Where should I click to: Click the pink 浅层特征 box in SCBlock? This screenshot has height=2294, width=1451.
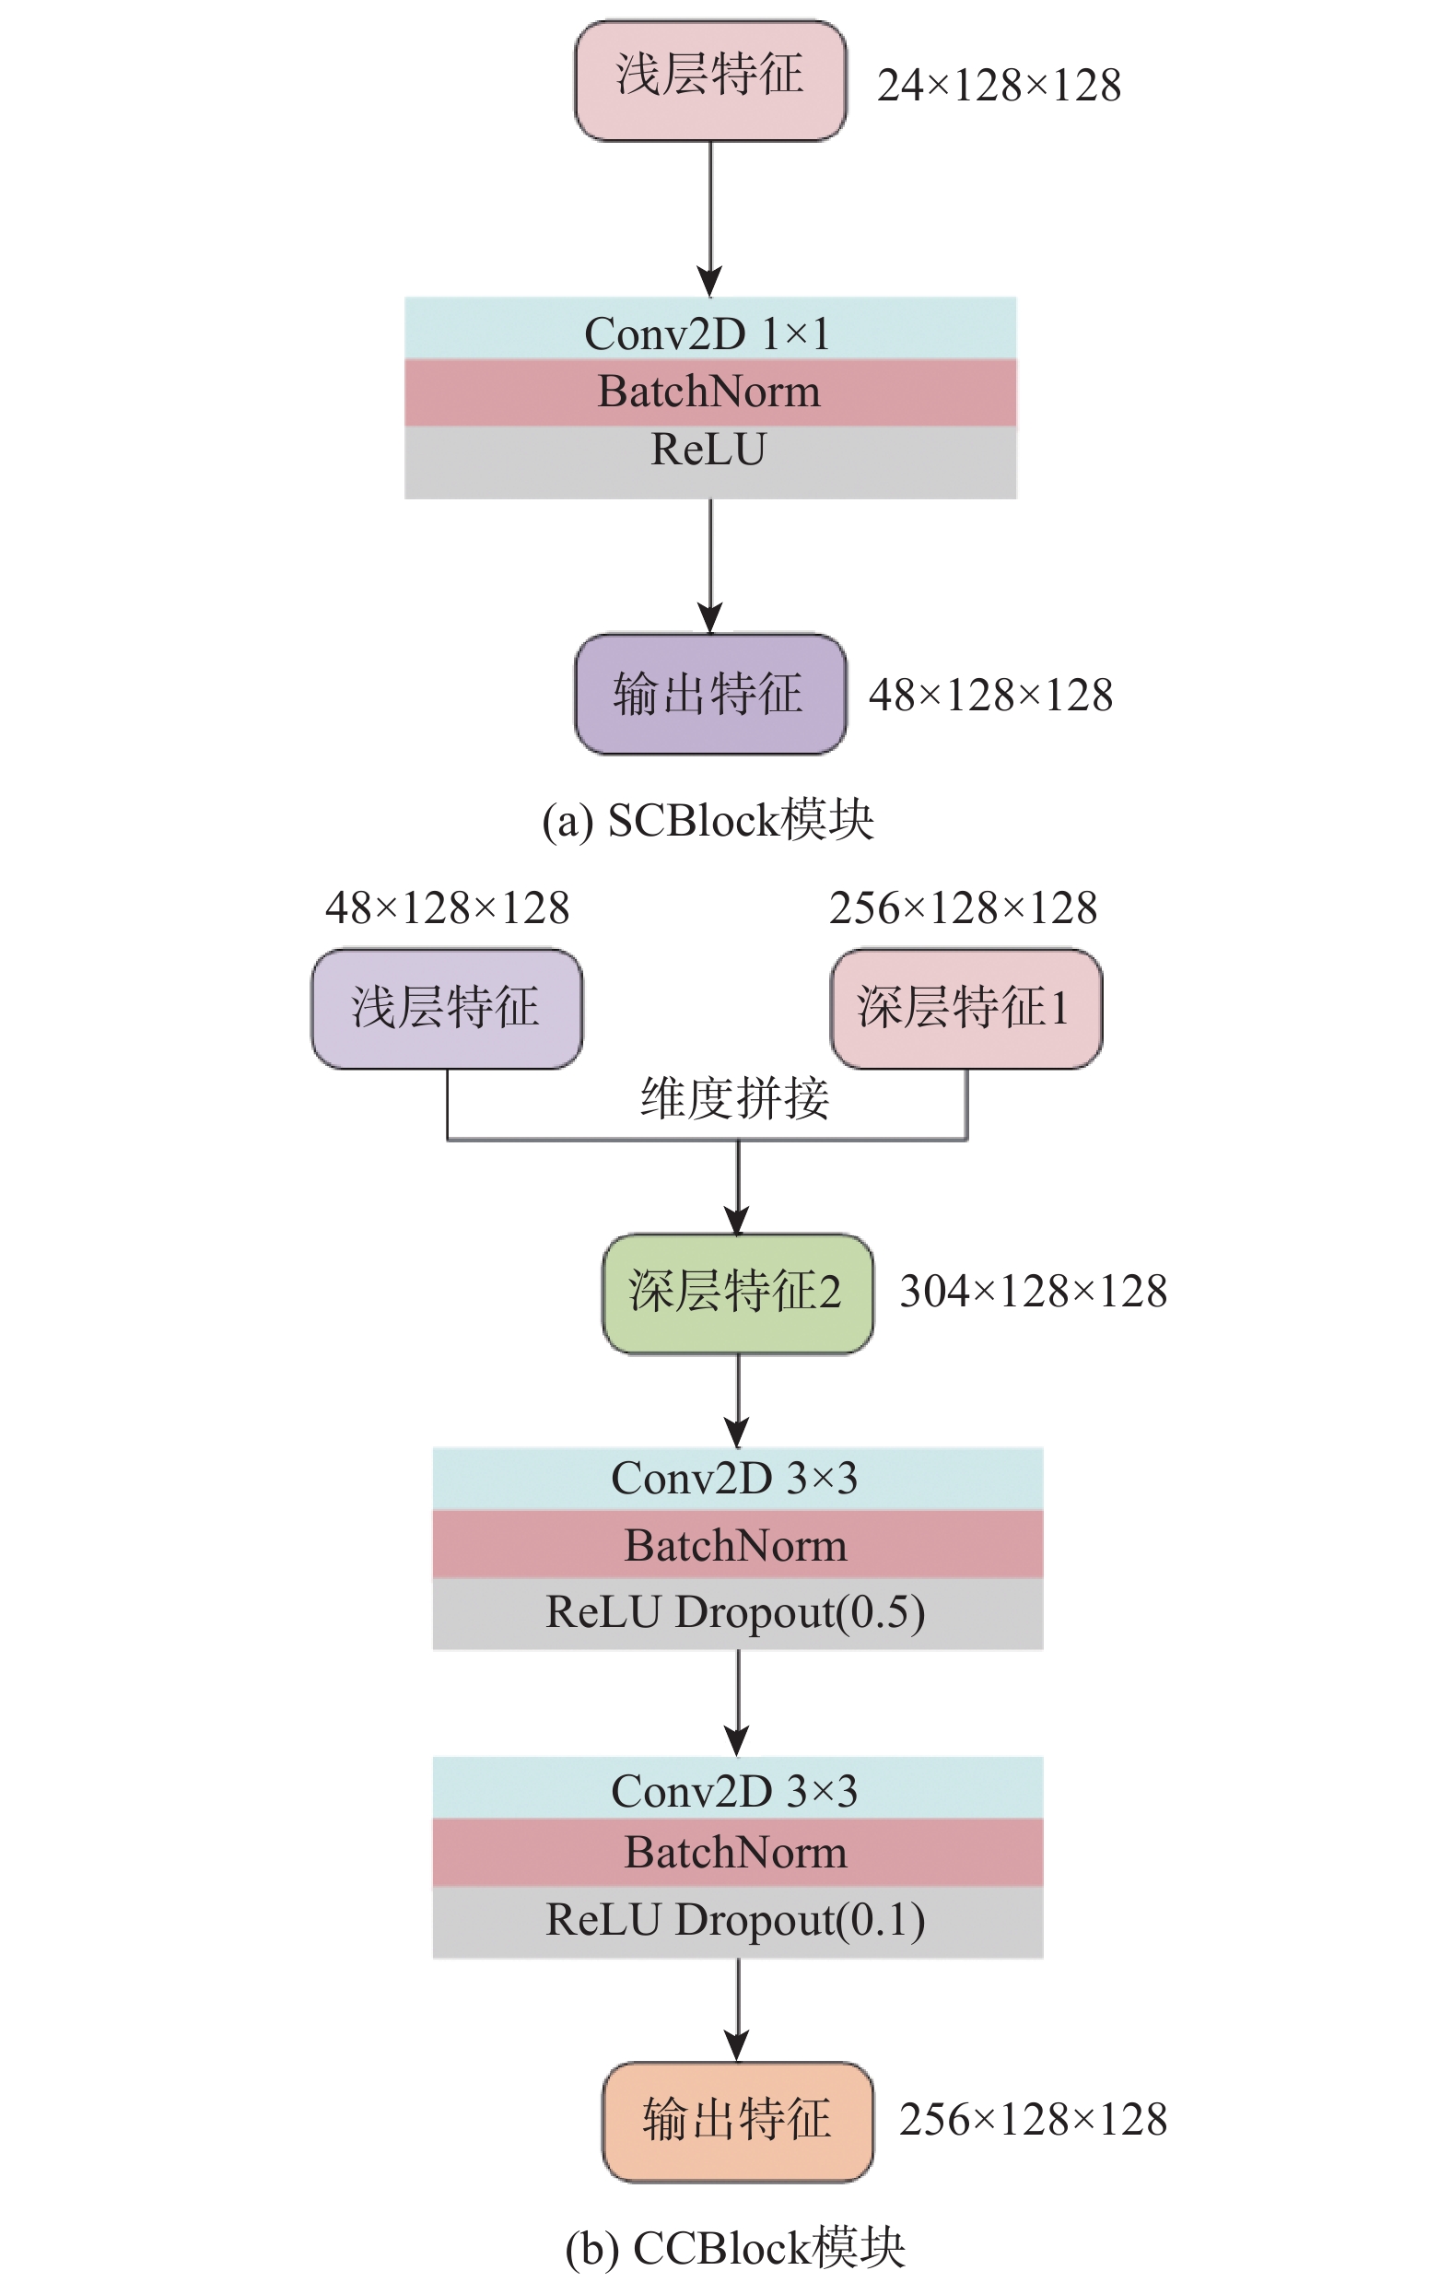pyautogui.click(x=709, y=80)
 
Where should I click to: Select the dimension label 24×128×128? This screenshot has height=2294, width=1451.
pyautogui.click(x=998, y=86)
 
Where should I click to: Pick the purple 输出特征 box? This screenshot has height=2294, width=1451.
pyautogui.click(x=709, y=694)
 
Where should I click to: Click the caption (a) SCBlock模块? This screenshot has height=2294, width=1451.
pyautogui.click(x=707, y=820)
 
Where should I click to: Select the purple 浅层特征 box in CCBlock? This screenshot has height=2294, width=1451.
pyautogui.click(x=447, y=1008)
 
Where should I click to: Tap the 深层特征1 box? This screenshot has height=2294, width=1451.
pyautogui.click(x=966, y=1008)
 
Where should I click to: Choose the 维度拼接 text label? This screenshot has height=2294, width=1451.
pyautogui.click(x=734, y=1098)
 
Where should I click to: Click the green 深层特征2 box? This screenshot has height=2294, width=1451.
pyautogui.click(x=737, y=1293)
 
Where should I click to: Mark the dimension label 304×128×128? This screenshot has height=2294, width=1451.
pyautogui.click(x=1033, y=1292)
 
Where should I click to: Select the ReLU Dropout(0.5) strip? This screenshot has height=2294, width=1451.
pyautogui.click(x=737, y=1613)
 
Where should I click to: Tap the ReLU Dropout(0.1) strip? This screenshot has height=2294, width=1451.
pyautogui.click(x=737, y=1921)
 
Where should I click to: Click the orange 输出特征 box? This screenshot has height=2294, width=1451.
pyautogui.click(x=737, y=2121)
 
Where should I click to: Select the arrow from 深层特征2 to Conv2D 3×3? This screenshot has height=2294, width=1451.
pyautogui.click(x=737, y=1399)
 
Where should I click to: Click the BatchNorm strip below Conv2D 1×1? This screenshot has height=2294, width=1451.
pyautogui.click(x=709, y=392)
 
